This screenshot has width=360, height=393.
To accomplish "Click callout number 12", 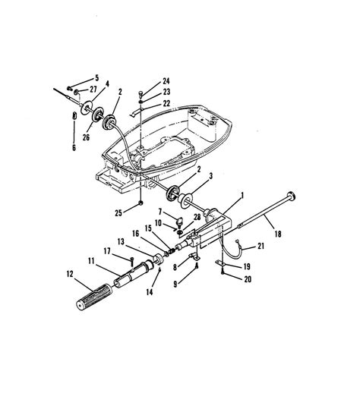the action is click(70, 274).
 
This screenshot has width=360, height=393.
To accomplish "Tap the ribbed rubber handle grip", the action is click(94, 297).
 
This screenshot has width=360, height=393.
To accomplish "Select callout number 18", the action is click(278, 234).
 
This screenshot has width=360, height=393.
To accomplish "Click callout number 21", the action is click(261, 246).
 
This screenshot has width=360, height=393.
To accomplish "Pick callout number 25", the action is click(118, 213).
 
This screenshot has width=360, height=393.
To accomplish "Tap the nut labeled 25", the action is click(141, 203).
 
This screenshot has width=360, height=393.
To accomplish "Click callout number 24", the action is click(166, 81).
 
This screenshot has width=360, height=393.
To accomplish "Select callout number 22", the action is click(166, 103).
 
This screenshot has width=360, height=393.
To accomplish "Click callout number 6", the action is click(74, 147).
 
